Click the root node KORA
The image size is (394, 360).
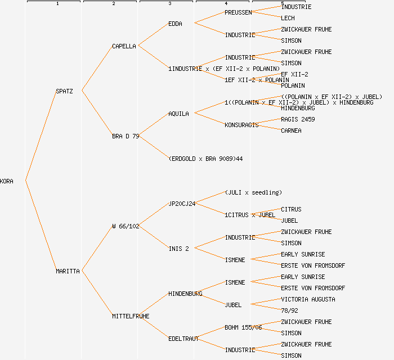pos(7,181)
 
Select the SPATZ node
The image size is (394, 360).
pos(64,91)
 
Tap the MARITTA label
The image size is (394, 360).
pos(68,271)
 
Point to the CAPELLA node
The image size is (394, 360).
pos(124,46)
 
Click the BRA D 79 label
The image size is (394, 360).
pos(126,136)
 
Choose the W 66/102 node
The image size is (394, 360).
pos(126,226)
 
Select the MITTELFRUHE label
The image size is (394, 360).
pos(131,316)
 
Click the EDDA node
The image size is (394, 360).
pos(175,24)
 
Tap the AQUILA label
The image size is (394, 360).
pos(178,114)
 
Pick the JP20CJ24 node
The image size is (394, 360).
pos(182,204)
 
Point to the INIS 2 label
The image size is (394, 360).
pos(178,249)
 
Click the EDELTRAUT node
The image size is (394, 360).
pos(183,339)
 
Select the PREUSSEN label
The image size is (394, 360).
pos(238,12)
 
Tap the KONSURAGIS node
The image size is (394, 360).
pos(241,125)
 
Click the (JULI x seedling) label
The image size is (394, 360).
pos(253,192)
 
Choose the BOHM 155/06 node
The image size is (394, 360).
pos(243,327)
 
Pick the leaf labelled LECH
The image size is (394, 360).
pos(288,18)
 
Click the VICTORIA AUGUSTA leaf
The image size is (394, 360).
pos(308,299)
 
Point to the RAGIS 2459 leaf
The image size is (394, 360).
pos(298,119)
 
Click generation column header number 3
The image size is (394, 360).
pos(169,4)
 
